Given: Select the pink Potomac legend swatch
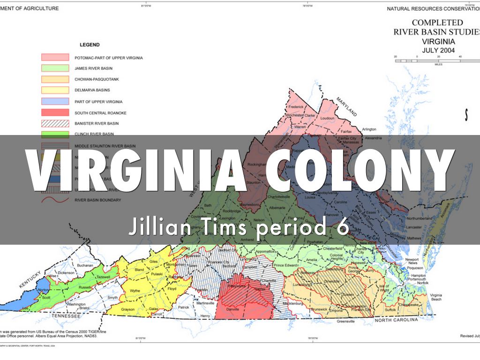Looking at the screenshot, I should pos(55,58).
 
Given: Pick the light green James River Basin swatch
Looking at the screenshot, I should pos(55,68).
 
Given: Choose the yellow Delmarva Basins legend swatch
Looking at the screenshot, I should pos(55,90).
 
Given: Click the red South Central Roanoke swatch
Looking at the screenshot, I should pos(55,112).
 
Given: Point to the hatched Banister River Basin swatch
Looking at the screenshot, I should pos(55,123).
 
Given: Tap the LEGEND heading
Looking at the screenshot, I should pos(90,45).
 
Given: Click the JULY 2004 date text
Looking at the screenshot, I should pos(438,50).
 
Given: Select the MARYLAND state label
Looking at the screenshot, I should pos(346,107).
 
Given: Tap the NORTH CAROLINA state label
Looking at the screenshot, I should pos(395,320).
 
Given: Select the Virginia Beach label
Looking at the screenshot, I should pos(436,296).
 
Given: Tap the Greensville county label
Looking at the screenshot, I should pos(345,322).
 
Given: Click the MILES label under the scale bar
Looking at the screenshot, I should pos(438,65).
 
